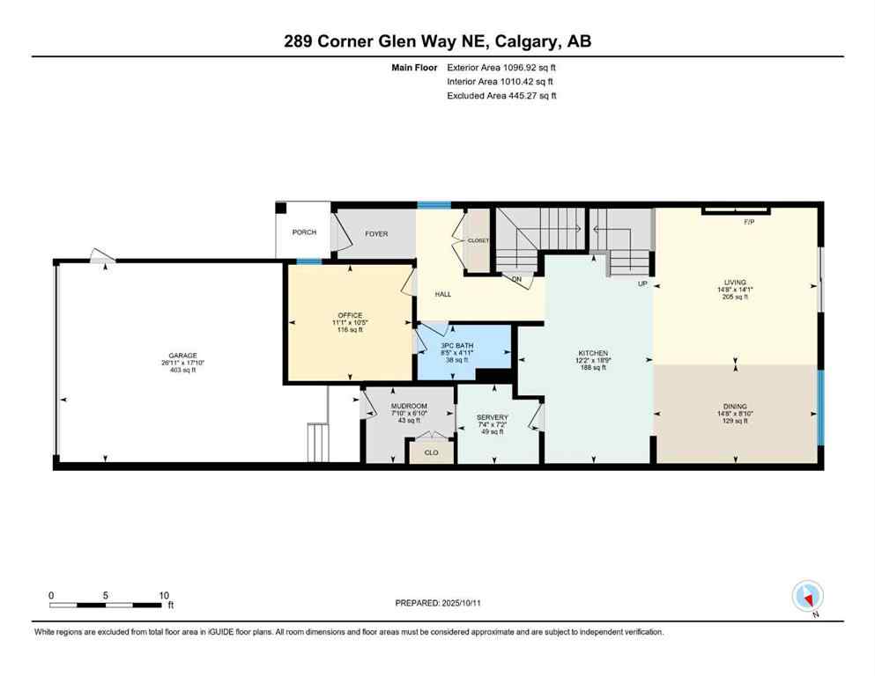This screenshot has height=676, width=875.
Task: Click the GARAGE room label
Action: pyautogui.click(x=176, y=356)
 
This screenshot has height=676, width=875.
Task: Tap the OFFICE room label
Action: pyautogui.click(x=350, y=315)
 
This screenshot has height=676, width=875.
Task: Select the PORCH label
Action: pyautogui.click(x=304, y=232)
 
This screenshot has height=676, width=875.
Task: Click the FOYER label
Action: pyautogui.click(x=376, y=233)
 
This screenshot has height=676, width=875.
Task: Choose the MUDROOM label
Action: pyautogui.click(x=409, y=406)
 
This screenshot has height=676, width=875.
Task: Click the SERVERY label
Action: pyautogui.click(x=492, y=417)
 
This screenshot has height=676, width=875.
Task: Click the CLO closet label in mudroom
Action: pyautogui.click(x=432, y=452)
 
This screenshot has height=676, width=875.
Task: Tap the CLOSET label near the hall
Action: pyautogui.click(x=478, y=239)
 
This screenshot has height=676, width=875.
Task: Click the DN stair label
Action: pyautogui.click(x=518, y=280)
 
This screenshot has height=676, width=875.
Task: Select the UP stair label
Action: pyautogui.click(x=643, y=284)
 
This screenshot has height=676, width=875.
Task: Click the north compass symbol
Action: pyautogui.click(x=807, y=597)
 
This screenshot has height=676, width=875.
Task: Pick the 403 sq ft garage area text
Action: pyautogui.click(x=176, y=371)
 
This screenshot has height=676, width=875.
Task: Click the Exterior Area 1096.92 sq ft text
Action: pyautogui.click(x=501, y=67)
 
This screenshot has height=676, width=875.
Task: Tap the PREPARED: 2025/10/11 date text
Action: pyautogui.click(x=438, y=603)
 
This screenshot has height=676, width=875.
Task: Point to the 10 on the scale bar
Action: pyautogui.click(x=164, y=595)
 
